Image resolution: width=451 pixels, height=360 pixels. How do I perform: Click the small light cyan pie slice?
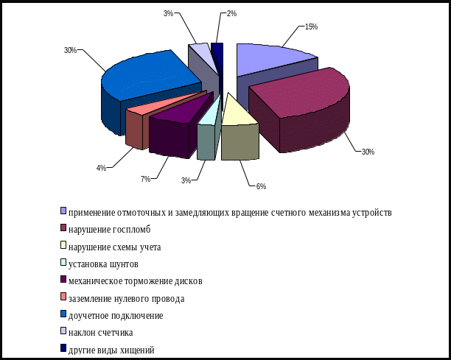click(209, 118)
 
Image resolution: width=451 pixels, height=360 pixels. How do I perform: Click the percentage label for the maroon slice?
click(366, 151)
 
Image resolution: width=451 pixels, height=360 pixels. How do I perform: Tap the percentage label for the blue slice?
click(70, 50)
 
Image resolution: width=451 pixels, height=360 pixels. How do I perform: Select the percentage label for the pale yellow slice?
click(261, 186)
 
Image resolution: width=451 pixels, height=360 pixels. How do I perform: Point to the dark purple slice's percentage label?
click(147, 178)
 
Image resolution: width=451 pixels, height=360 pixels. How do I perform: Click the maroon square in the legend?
click(63, 228)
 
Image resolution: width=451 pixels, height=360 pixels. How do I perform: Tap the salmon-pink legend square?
click(63, 297)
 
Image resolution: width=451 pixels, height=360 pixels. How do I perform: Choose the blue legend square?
click(63, 315)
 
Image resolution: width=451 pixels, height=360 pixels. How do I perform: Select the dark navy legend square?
click(63, 349)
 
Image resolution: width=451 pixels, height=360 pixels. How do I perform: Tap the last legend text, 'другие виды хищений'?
click(111, 350)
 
